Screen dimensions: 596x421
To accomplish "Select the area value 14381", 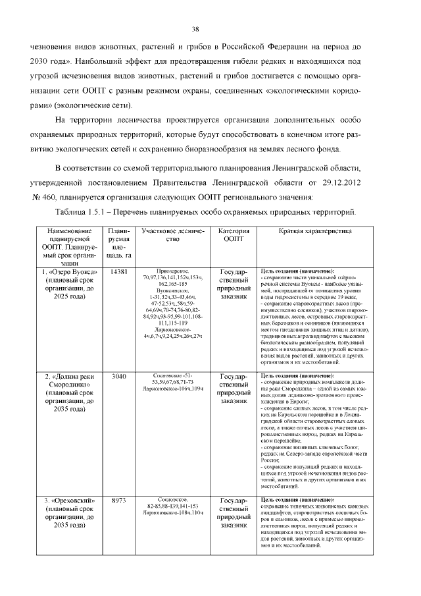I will click(x=119, y=272).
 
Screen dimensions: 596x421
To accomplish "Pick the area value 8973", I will click(x=119, y=501).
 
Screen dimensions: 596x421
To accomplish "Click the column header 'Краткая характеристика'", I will click(x=306, y=232).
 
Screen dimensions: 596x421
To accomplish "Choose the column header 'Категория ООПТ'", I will click(x=233, y=236).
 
